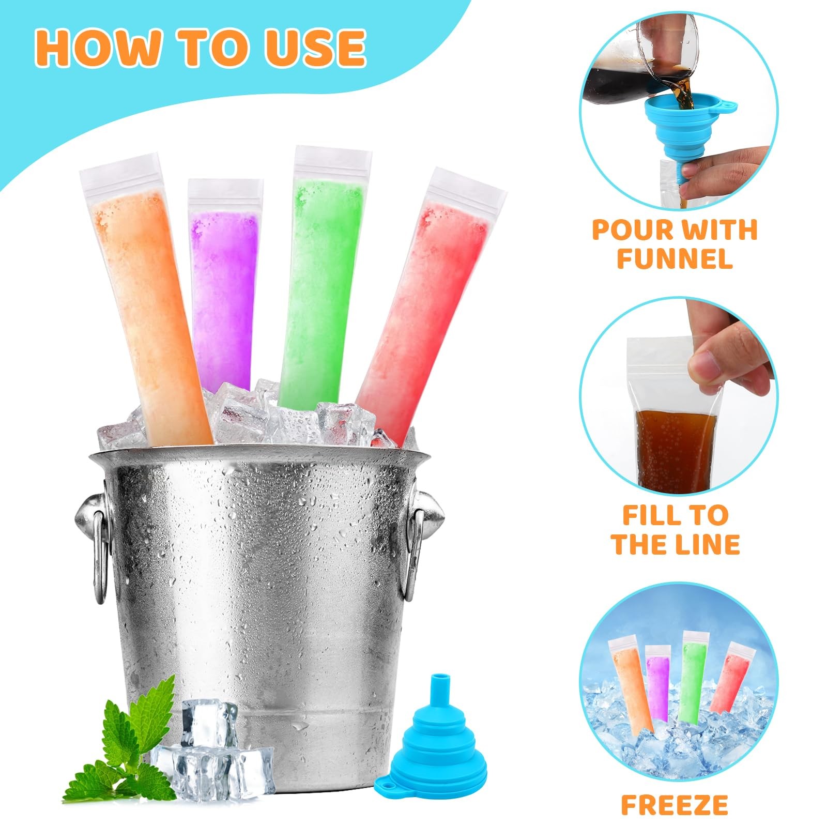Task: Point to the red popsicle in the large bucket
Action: (x=430, y=305)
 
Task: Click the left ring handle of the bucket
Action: (x=98, y=543)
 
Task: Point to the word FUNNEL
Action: (x=675, y=258)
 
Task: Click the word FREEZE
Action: (x=675, y=805)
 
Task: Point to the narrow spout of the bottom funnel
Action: (x=441, y=685)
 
